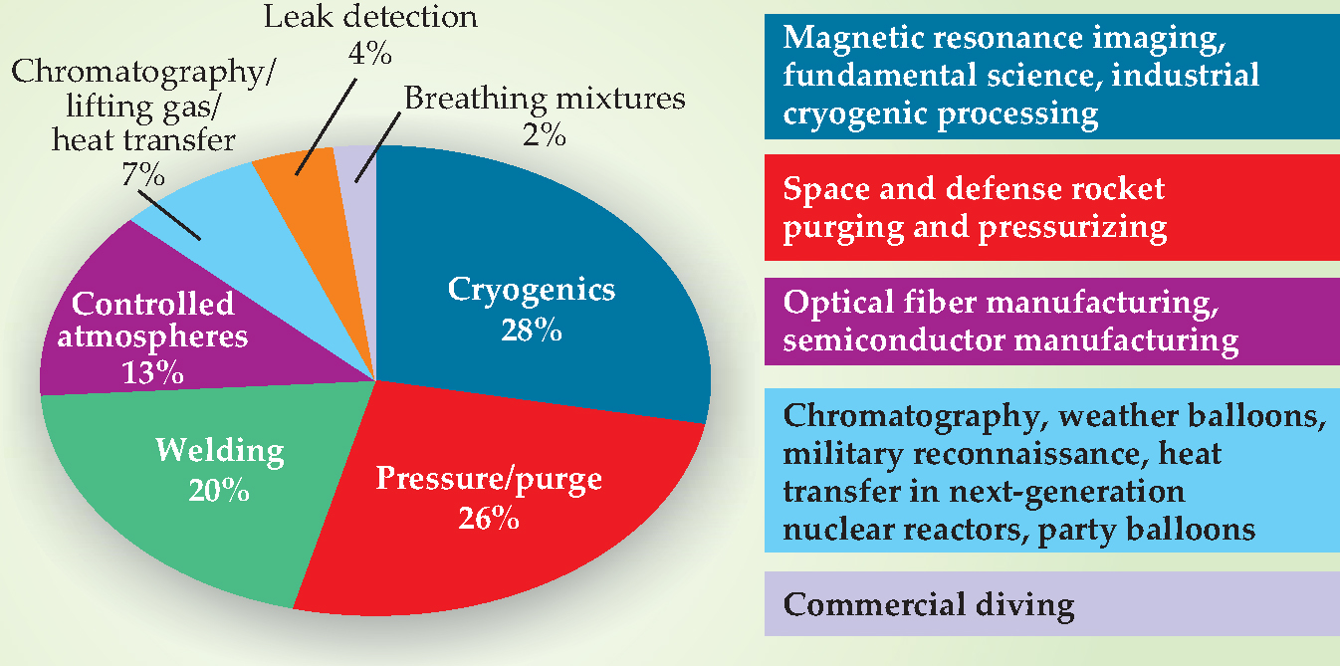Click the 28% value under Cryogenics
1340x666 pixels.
point(533,330)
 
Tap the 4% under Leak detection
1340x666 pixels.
point(369,53)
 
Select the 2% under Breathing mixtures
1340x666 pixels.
point(544,134)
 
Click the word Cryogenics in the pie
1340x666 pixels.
point(532,290)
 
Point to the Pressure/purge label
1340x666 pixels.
point(489,479)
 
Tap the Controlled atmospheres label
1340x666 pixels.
point(153,320)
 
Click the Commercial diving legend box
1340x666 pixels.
point(1052,603)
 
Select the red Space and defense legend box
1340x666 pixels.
point(1052,208)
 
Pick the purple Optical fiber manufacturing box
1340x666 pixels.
point(1052,321)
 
